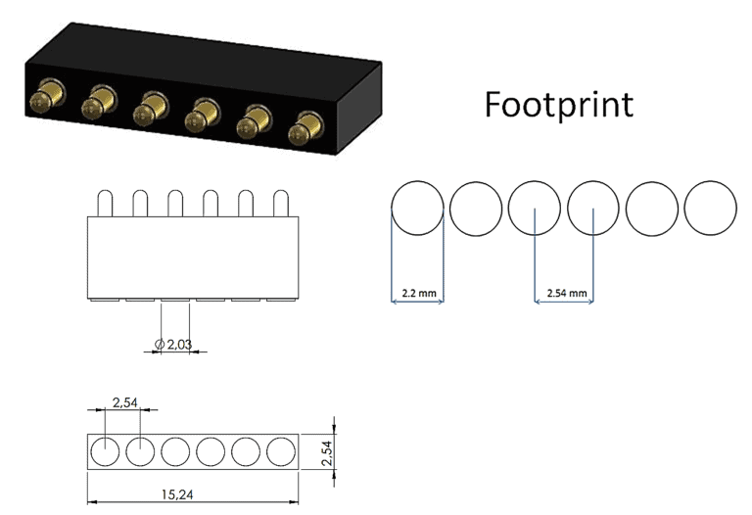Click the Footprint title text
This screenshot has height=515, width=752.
pyautogui.click(x=558, y=105)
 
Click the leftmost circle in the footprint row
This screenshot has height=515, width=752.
pyautogui.click(x=417, y=208)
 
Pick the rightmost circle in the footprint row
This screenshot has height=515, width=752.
pyautogui.click(x=710, y=208)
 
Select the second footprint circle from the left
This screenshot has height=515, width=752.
pyautogui.click(x=476, y=208)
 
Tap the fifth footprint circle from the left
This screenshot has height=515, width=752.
pyautogui.click(x=651, y=208)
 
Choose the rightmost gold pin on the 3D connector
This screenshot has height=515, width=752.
pyautogui.click(x=306, y=129)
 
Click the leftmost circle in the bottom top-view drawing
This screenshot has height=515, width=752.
pyautogui.click(x=105, y=451)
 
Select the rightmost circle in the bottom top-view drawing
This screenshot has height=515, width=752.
pyautogui.click(x=281, y=451)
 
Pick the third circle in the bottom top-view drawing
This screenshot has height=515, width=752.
pyautogui.click(x=175, y=451)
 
